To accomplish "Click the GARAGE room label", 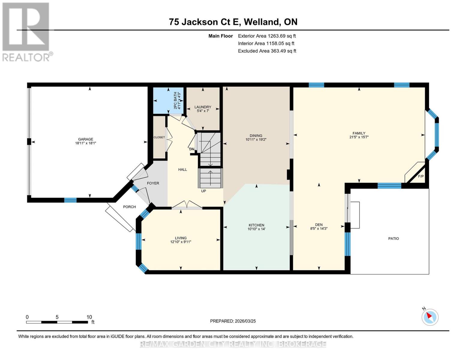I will click(86, 139).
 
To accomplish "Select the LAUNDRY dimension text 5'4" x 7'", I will click(203, 111).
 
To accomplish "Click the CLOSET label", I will click(159, 137).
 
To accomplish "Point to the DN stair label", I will click(191, 149).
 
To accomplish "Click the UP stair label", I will click(203, 191).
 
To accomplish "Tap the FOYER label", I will click(153, 183).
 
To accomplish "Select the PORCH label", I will click(129, 207).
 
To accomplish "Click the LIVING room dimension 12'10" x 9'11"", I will click(181, 242).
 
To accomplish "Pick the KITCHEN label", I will click(256, 225).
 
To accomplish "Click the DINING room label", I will click(256, 136).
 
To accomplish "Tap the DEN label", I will click(319, 225).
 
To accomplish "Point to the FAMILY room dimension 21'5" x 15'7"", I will click(359, 137).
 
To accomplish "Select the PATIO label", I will click(393, 239).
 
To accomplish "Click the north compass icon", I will click(430, 317).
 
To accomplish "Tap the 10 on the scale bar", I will click(89, 317).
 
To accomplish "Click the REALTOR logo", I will click(26, 31).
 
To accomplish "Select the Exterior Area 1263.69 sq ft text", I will click(267, 36).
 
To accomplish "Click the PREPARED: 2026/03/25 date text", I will click(233, 321).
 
